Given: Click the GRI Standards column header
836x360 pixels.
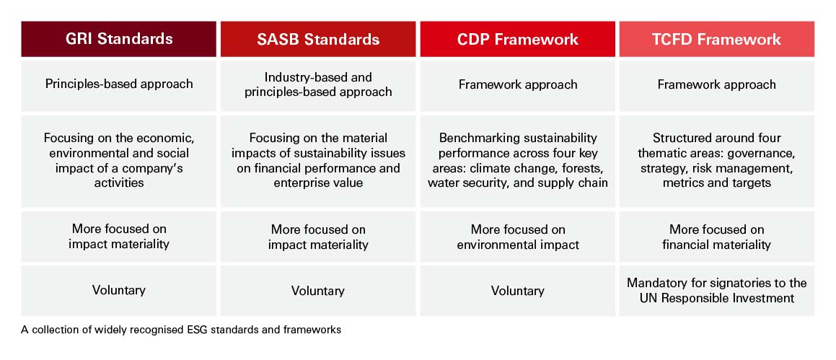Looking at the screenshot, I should [x=119, y=39].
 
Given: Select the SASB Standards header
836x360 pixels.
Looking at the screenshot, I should [x=318, y=39].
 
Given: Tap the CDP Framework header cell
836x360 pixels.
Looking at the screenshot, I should [x=517, y=39].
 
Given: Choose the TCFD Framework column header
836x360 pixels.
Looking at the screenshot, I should [x=716, y=39].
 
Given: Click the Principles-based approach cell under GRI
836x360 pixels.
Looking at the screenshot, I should [x=119, y=84].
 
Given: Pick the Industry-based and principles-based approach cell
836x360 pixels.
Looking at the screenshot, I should [x=318, y=84].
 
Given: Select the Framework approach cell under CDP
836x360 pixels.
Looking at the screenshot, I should [x=517, y=84].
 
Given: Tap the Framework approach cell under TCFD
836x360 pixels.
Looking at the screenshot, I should [x=716, y=84].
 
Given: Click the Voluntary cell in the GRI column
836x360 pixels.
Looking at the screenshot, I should [x=119, y=291].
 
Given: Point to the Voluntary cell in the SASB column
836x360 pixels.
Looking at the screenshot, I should [x=318, y=291].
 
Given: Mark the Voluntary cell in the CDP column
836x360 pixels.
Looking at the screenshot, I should [x=517, y=291].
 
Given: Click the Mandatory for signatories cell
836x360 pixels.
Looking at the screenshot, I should [x=716, y=291].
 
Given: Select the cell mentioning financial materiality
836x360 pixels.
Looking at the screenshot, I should [x=716, y=237].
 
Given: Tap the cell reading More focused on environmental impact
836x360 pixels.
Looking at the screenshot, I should [x=517, y=237].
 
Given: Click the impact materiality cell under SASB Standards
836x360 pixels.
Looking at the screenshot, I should [x=318, y=237].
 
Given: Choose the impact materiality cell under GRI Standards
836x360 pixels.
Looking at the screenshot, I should [x=119, y=237].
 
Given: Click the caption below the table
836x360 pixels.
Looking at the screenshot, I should [x=181, y=330].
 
